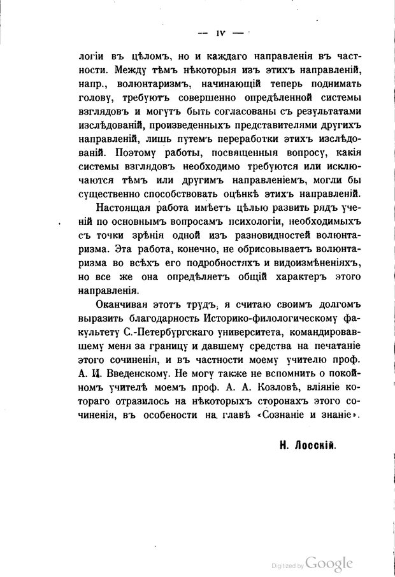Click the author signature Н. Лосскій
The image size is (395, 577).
307,446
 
